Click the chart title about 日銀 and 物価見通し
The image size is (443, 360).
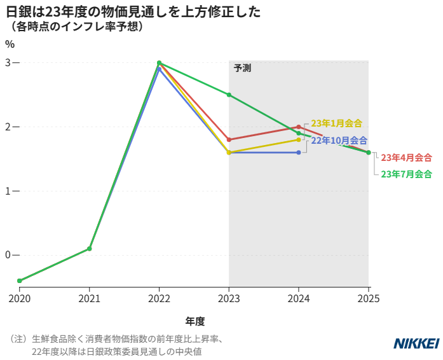point(133,12)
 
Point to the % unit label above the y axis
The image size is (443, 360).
point(10,44)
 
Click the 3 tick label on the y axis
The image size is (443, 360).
point(8,63)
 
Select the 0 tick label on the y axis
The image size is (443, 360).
point(8,255)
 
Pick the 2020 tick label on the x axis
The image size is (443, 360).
point(20,298)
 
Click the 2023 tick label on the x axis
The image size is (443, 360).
point(229,298)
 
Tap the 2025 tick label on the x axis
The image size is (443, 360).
point(369,298)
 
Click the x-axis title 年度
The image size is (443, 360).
point(194,321)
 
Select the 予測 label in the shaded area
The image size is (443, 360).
point(242,68)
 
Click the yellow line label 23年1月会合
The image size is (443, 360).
point(336,123)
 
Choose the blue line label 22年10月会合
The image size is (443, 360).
point(339,141)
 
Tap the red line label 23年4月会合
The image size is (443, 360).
point(406,157)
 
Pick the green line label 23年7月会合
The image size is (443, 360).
point(406,174)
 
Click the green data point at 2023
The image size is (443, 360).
point(229,95)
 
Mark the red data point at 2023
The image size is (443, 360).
point(229,139)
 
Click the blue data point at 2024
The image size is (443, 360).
point(299,153)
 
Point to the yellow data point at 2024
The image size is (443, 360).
point(299,139)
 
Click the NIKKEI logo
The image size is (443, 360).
point(416,343)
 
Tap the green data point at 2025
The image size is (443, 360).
point(369,153)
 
